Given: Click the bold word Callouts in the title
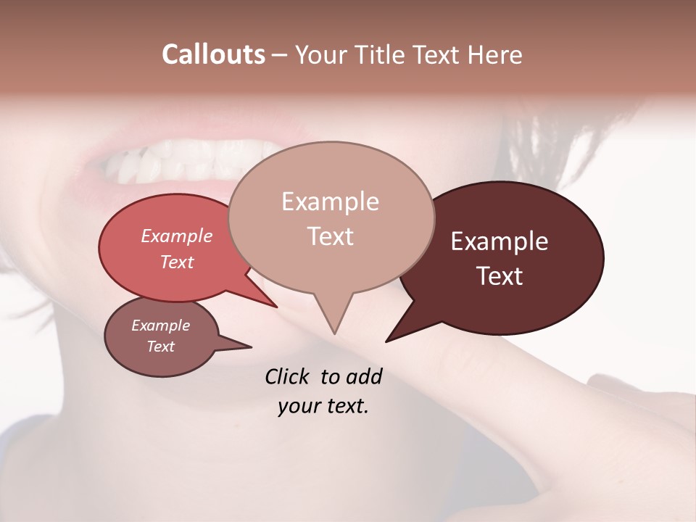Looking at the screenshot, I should coord(213,54).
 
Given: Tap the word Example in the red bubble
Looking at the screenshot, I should coord(176,236).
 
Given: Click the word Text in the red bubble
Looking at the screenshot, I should coord(176,262).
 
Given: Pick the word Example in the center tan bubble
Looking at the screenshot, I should coord(330,202).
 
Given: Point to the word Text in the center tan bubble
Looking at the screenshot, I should coord(330,236).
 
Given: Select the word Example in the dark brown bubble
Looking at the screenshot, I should coord(500,241).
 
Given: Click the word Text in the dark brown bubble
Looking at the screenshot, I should coord(500,275).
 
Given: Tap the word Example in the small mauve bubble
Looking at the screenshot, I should coord(160,326).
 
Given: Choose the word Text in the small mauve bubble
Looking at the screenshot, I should coord(160,347).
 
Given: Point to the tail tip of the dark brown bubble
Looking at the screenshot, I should coord(387,340).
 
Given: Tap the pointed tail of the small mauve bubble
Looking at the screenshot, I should coord(249,347).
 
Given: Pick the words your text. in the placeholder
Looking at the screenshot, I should coord(323,406).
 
